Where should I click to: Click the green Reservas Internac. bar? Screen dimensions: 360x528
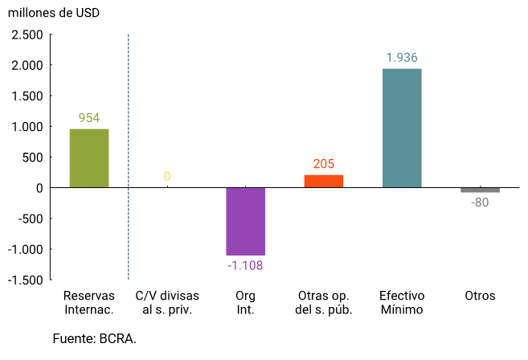click(x=88, y=158)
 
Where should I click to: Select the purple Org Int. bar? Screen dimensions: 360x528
click(x=245, y=221)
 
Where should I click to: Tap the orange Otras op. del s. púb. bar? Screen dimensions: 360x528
click(x=324, y=181)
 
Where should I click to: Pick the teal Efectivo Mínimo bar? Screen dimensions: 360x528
click(x=402, y=128)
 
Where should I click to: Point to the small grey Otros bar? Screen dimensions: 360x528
click(x=480, y=190)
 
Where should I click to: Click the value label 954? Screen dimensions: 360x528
click(x=88, y=118)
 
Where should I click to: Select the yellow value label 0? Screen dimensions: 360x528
click(x=167, y=177)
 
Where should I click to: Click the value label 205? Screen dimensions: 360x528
click(x=324, y=164)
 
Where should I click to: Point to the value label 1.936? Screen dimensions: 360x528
click(x=402, y=58)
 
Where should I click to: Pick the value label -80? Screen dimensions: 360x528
click(x=480, y=202)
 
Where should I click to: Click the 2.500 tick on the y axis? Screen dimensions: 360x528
click(x=27, y=35)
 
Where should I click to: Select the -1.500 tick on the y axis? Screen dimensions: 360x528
click(x=26, y=280)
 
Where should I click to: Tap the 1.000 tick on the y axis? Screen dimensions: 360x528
click(x=27, y=127)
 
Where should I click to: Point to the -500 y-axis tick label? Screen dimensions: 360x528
click(x=30, y=219)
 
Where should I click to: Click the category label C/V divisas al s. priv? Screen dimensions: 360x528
click(x=167, y=302)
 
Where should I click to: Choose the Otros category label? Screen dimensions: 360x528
click(x=480, y=296)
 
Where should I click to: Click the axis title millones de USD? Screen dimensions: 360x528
click(x=53, y=13)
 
